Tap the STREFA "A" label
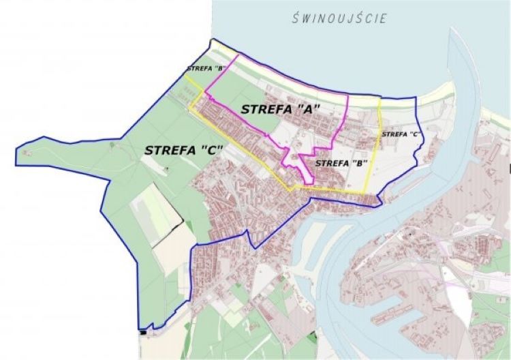click(280, 108)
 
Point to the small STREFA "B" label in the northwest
click(206, 68)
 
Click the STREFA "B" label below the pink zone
click(342, 163)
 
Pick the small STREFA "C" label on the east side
click(400, 134)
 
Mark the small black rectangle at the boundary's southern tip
click(142, 333)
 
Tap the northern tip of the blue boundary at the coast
click(212, 40)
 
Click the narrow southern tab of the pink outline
click(307, 174)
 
